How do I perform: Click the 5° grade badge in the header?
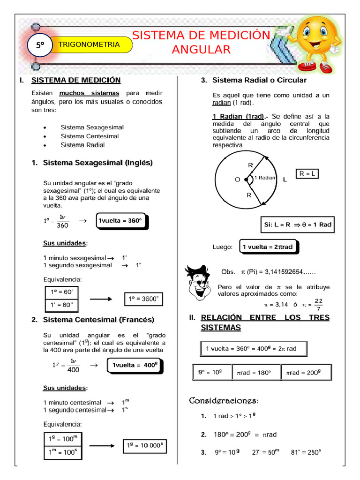pos(40,45)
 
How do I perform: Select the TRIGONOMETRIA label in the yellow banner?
pos(89,45)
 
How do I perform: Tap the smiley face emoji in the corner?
pos(316,39)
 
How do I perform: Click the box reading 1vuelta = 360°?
pos(120,221)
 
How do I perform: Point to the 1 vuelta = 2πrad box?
pos(268,247)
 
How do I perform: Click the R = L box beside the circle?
pos(307,174)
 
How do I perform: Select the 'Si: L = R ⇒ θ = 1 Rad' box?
pos(298,225)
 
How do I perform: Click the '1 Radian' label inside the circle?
pos(265,178)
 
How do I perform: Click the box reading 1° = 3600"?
pos(144,299)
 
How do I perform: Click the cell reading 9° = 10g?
pos(210,373)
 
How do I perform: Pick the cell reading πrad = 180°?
pos(255,373)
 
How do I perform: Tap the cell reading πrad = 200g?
pos(304,373)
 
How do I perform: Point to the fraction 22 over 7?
pos(318,305)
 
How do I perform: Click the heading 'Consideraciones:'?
pos(224,401)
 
